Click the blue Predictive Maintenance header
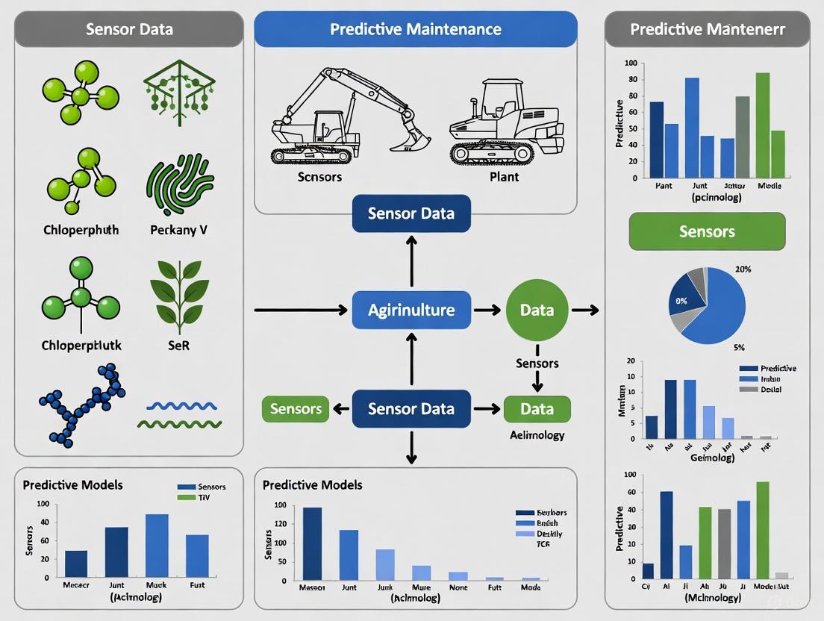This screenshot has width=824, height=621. pos(416,30)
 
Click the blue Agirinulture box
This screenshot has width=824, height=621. pos(411,310)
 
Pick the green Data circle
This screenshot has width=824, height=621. pos(537,310)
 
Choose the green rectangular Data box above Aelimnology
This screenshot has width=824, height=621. pos(537,409)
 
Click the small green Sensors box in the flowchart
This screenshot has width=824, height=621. pos(296,409)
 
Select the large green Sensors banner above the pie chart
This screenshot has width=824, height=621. pos(707,231)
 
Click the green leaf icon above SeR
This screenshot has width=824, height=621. pos(175,291)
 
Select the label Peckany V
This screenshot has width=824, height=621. pos(179,230)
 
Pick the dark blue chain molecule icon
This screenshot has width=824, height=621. pos(82,403)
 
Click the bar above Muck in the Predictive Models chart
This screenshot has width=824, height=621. pos(157,545)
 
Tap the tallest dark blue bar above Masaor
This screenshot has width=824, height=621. pos(313,543)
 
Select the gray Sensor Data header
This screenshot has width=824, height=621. pos(129,30)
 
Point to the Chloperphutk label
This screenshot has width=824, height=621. pos(81,346)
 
